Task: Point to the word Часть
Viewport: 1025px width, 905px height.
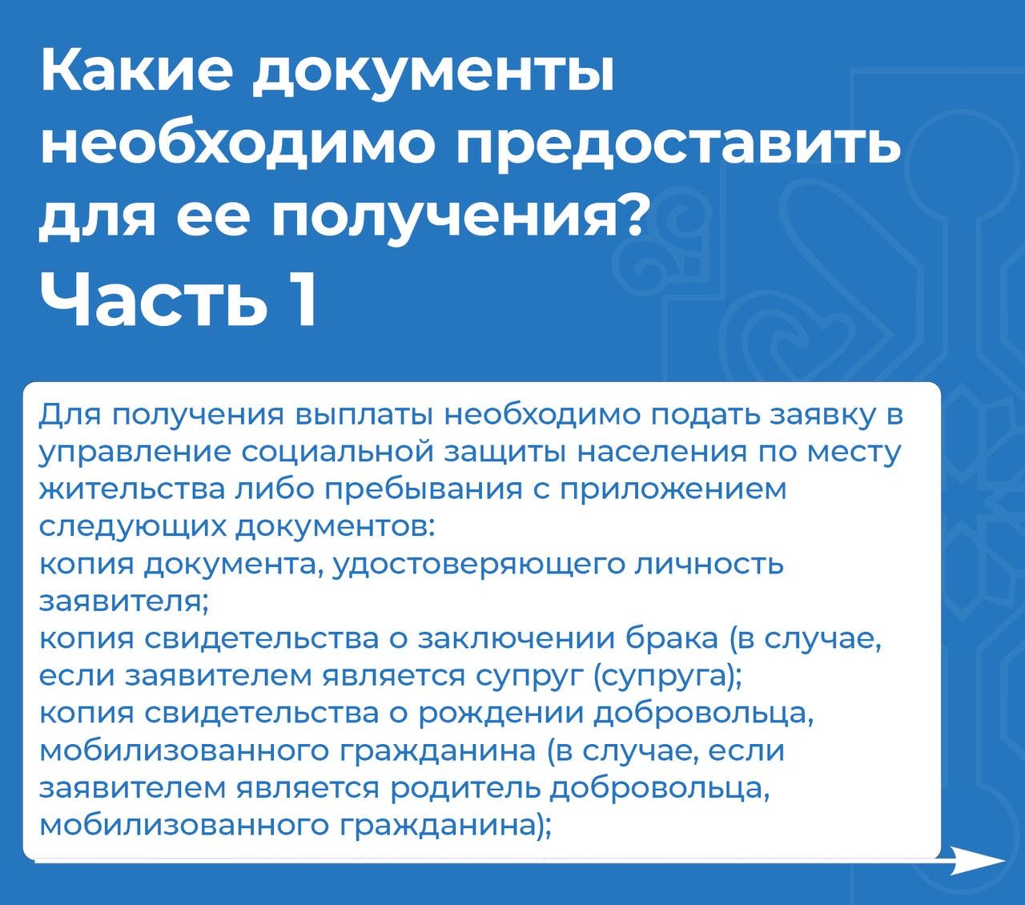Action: coord(153,299)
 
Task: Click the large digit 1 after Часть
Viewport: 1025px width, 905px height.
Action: coord(300,299)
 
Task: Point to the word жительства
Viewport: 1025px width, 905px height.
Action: coord(132,490)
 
